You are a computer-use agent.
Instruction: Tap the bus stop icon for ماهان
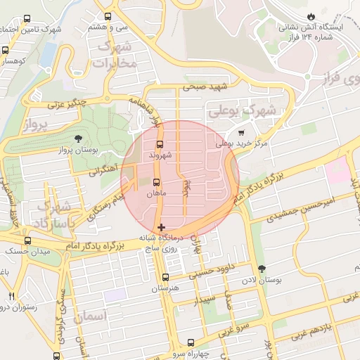click(156, 182)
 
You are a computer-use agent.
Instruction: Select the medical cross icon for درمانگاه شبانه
click(162, 227)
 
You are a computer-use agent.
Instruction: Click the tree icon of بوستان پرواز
click(78, 138)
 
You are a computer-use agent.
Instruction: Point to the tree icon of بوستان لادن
click(262, 269)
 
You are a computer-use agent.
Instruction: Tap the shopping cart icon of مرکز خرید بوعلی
click(241, 132)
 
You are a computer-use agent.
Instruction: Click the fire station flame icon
click(311, 16)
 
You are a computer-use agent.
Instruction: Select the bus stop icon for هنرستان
click(165, 277)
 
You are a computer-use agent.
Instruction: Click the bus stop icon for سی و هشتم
click(108, 15)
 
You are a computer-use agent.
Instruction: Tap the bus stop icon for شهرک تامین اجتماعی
click(27, 19)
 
